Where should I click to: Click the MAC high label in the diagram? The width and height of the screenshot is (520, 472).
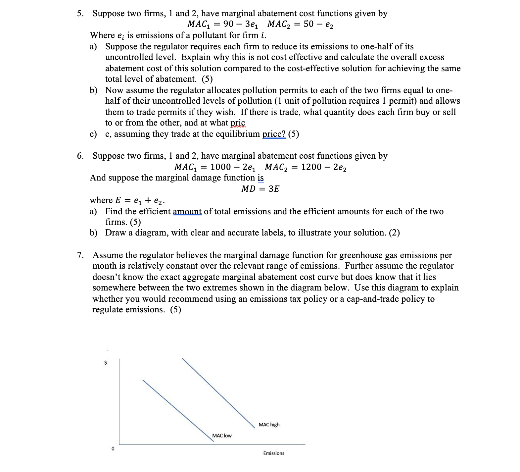(x=269, y=425)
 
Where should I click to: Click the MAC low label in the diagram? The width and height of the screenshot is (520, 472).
(x=222, y=436)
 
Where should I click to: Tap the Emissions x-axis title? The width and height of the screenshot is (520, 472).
(x=273, y=453)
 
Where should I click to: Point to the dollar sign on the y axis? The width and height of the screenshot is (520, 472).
(x=106, y=363)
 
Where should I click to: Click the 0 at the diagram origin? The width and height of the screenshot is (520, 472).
(x=113, y=449)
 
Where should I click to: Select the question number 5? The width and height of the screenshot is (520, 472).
(x=80, y=14)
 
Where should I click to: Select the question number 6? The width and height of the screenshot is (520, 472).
(x=80, y=156)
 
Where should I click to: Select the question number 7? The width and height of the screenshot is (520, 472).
(x=80, y=255)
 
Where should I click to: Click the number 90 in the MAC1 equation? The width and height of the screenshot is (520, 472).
(x=228, y=24)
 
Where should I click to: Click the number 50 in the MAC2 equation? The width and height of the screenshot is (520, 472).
(x=308, y=24)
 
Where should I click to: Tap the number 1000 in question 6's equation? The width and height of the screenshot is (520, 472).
(x=220, y=167)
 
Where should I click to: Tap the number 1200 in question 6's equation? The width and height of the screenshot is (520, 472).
(x=311, y=167)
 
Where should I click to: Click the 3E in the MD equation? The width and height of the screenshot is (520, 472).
(x=274, y=189)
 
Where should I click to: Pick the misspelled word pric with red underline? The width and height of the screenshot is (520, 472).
(x=238, y=123)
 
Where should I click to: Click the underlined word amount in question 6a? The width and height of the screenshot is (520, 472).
(x=187, y=212)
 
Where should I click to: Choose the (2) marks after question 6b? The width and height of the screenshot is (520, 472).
(x=394, y=233)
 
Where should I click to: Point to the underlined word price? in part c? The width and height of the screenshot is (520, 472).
(x=274, y=134)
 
